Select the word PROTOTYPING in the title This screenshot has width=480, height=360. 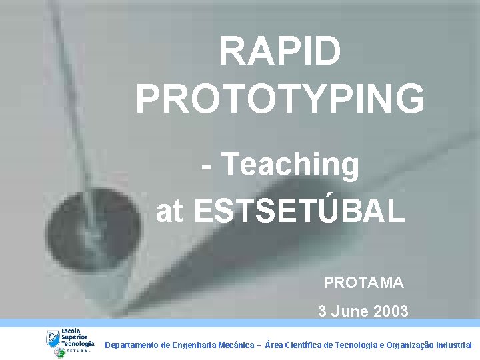(x=280, y=98)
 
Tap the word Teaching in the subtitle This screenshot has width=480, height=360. (x=290, y=165)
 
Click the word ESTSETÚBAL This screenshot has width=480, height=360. (x=299, y=211)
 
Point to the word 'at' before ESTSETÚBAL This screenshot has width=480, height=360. (x=169, y=212)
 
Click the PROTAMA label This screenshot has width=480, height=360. (x=363, y=283)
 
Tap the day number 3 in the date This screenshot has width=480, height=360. (x=323, y=311)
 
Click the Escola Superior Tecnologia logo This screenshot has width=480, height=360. (x=70, y=341)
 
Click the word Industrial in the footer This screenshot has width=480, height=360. (x=453, y=345)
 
